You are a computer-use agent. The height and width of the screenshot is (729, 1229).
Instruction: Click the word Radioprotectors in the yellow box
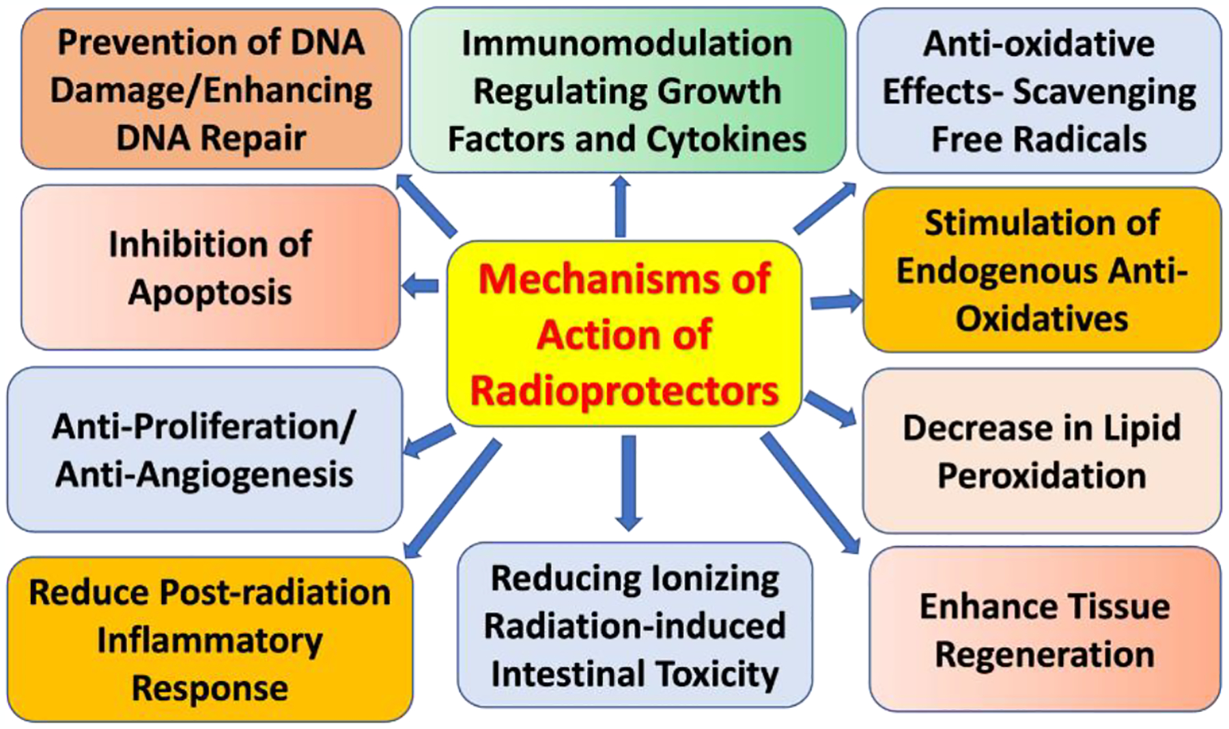coord(624,391)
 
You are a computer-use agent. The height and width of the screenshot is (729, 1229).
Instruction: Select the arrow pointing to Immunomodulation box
coord(620,206)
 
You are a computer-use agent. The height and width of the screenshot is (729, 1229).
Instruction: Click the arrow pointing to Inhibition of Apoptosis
coord(421,285)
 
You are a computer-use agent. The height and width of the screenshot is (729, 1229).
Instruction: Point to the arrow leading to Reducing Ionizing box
coord(628,482)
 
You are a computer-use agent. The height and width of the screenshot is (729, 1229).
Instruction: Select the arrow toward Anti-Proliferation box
coord(429,441)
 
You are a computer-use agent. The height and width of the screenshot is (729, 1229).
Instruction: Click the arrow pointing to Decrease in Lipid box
coord(830,409)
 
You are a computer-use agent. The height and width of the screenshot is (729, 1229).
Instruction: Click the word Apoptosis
coord(210,292)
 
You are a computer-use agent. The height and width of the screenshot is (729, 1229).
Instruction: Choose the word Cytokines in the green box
coord(726,139)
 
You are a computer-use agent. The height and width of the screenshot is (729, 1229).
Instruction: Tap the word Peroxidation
coord(1041,476)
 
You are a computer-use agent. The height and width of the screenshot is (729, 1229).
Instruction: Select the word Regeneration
coord(1044,654)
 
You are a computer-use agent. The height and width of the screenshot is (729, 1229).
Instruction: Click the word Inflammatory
coord(210,640)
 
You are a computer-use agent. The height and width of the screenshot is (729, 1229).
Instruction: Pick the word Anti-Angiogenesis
coord(204,474)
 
